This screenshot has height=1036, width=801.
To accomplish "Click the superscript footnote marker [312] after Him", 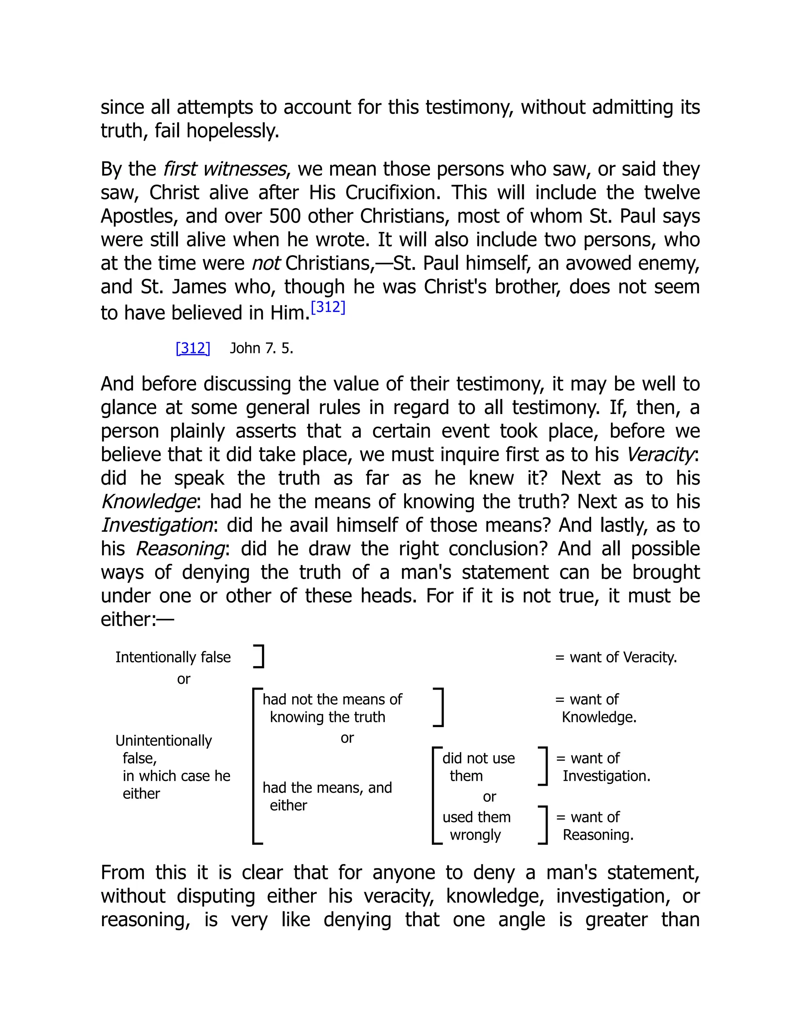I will tap(328, 307).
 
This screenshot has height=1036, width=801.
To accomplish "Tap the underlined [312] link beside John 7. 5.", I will tap(193, 348).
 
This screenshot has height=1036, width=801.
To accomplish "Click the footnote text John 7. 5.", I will tap(262, 348).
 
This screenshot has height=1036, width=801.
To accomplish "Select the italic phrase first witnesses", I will tap(224, 169).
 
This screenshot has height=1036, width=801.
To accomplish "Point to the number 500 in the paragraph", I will tap(285, 216).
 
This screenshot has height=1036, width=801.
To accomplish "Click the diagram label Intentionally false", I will tap(173, 657).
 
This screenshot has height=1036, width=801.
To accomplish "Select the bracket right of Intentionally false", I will tap(259, 656).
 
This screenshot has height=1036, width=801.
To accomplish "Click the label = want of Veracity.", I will tap(616, 657).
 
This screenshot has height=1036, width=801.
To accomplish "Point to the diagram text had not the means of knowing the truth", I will tap(332, 708).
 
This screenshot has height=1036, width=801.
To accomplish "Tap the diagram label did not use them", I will tap(478, 767).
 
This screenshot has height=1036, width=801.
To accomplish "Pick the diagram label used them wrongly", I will tap(476, 825).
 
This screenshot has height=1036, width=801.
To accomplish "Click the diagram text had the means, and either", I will tap(327, 796).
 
